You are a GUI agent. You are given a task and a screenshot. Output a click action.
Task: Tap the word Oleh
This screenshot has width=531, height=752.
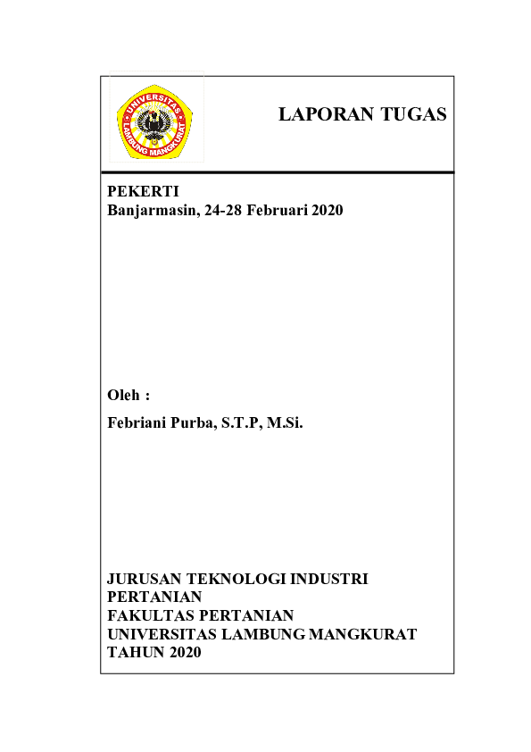pos(123,395)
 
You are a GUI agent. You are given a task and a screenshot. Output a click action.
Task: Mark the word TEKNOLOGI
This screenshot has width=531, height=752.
pos(229,579)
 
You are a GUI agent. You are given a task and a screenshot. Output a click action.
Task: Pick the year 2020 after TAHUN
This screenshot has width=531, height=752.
pos(185,653)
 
